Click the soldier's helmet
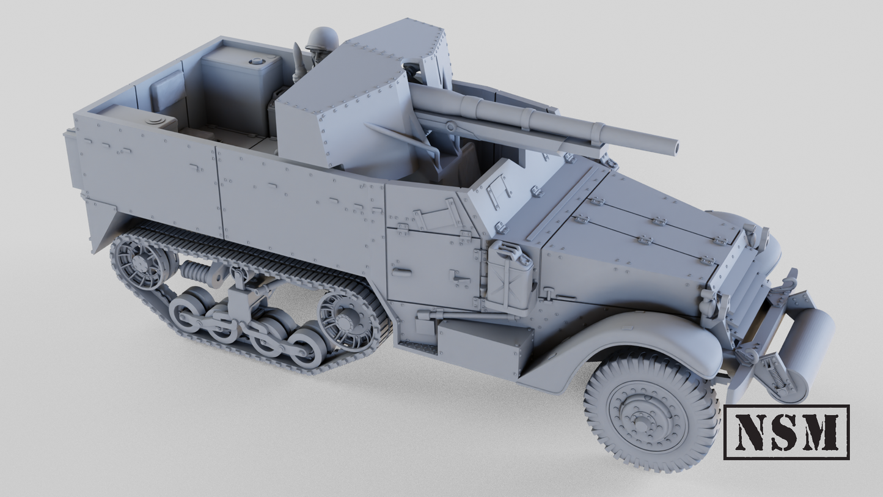click(x=322, y=39)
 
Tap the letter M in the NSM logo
click(x=818, y=432)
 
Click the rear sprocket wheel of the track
click(x=139, y=263)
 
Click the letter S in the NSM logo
click(x=785, y=432)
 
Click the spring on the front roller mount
click(x=773, y=376)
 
